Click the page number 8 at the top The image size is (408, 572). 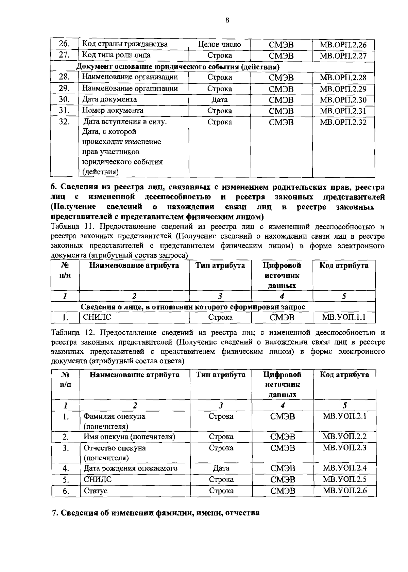tap(227, 20)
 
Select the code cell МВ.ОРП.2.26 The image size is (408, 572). tap(343, 45)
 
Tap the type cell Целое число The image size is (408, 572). tap(219, 45)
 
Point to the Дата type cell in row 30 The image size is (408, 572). tap(219, 100)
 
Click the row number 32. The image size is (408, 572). tap(64, 122)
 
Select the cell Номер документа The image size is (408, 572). tap(113, 111)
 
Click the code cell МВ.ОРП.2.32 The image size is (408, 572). tap(343, 122)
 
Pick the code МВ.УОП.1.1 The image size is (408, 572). tap(344, 318)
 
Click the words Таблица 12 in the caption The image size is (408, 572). tap(70, 332)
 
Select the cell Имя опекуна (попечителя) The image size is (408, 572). tap(130, 437)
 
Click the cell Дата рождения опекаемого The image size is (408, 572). tap(131, 468)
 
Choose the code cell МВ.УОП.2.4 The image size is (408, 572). tap(344, 468)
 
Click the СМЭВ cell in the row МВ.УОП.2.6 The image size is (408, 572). tap(283, 491)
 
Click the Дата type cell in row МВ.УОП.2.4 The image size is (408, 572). tap(221, 468)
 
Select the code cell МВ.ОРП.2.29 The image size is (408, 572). tap(343, 89)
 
